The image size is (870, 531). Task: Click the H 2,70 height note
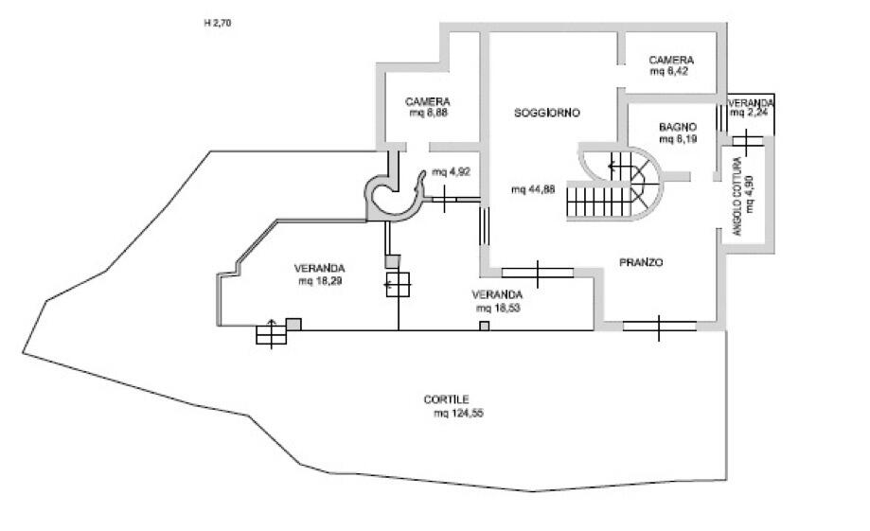218,24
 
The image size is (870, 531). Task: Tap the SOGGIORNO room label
546,114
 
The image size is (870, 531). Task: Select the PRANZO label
641,262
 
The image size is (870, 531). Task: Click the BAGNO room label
678,127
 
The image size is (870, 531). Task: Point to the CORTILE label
446,399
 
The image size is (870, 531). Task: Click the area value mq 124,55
458,414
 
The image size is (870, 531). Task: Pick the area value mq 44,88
533,189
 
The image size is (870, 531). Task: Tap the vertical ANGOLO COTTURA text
737,197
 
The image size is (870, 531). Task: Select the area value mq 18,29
320,281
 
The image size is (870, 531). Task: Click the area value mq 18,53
498,308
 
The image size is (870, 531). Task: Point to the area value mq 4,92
451,172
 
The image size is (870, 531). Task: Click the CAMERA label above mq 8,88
427,102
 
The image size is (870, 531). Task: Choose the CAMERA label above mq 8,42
671,60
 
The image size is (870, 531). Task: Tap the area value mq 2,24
749,113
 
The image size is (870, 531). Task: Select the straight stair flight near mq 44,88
598,202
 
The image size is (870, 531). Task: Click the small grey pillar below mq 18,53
485,327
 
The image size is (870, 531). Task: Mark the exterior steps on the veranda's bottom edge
272,334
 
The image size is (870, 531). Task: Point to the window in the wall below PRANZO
659,327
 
